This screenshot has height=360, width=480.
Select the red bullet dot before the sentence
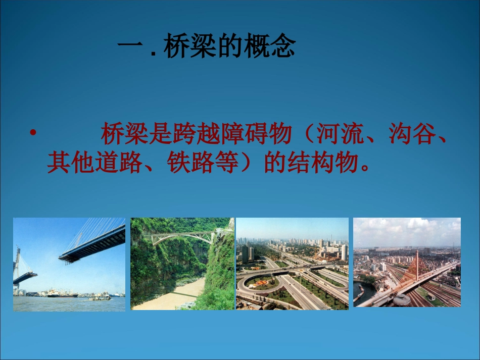point(33,133)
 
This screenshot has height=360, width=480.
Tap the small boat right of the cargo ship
point(100,296)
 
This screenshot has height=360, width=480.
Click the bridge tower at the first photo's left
point(18,263)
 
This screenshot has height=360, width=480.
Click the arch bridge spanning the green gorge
point(182,236)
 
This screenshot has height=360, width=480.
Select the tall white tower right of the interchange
point(344,251)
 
